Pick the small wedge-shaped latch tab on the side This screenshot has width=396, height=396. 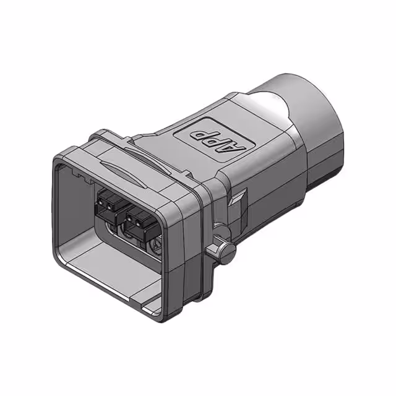238,199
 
